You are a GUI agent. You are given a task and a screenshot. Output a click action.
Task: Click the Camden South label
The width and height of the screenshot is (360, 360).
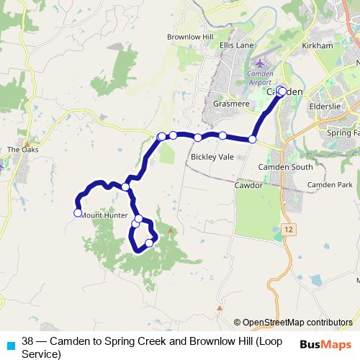click(x=286, y=166)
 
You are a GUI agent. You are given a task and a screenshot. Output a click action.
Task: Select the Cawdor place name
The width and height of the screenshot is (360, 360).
click(x=248, y=185)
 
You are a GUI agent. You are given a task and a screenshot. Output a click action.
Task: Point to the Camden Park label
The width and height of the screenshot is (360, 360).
click(x=325, y=185)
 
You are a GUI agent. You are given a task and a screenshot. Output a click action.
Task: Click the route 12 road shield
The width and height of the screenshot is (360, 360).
click(x=289, y=228)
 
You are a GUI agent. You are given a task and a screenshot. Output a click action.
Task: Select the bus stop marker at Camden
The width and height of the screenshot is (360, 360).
click(x=281, y=91)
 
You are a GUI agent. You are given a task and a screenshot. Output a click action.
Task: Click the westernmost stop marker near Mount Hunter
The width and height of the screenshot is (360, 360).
click(x=77, y=212)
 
